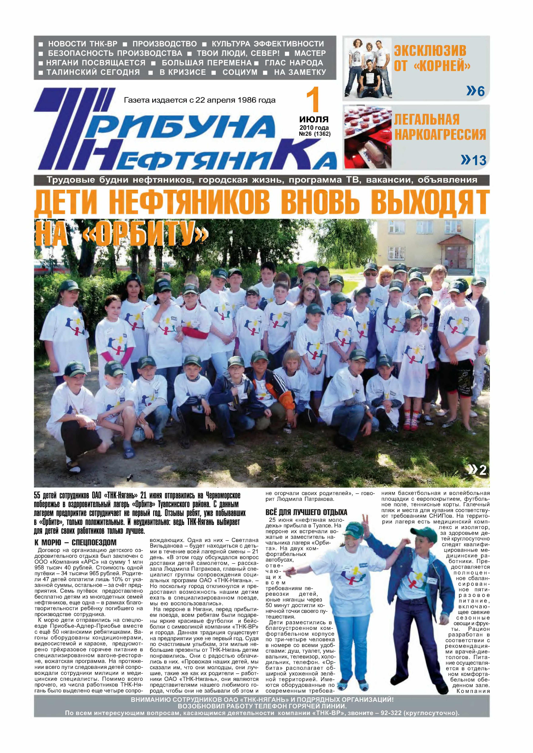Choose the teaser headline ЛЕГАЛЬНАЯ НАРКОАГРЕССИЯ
tap(440, 127)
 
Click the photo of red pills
tap(368, 137)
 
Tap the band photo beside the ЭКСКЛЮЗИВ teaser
tap(368, 69)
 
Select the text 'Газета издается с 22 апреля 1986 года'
tap(200, 100)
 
